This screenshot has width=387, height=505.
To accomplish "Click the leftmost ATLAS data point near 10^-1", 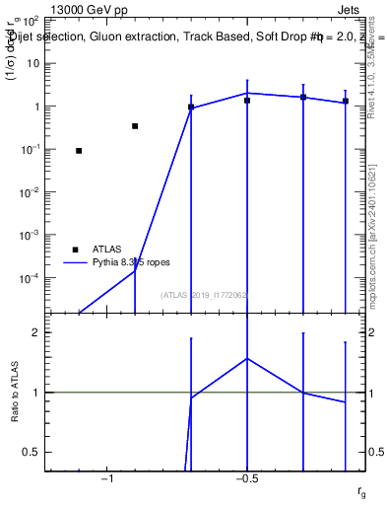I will pyautogui.click(x=79, y=151).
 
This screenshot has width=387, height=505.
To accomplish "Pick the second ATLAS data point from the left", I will pyautogui.click(x=135, y=126).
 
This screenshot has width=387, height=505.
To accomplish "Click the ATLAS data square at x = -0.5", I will pyautogui.click(x=247, y=101).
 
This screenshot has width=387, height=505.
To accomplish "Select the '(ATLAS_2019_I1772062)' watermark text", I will pyautogui.click(x=204, y=295).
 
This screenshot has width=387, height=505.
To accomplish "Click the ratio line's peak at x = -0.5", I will pyautogui.click(x=247, y=358).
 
